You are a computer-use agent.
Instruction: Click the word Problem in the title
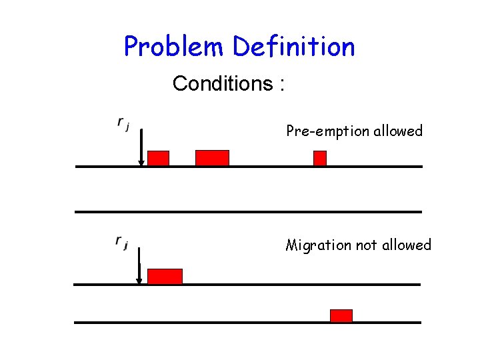click(175, 47)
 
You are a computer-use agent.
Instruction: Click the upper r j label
click(123, 123)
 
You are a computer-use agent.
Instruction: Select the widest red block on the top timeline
click(212, 158)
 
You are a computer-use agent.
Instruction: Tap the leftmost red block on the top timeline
click(158, 158)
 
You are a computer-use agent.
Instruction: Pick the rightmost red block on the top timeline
click(320, 158)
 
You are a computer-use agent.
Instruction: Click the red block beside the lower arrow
click(165, 276)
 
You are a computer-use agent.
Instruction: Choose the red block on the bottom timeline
click(341, 315)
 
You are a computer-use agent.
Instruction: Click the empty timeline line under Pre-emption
click(248, 211)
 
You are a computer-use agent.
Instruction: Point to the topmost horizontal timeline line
click(248, 166)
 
